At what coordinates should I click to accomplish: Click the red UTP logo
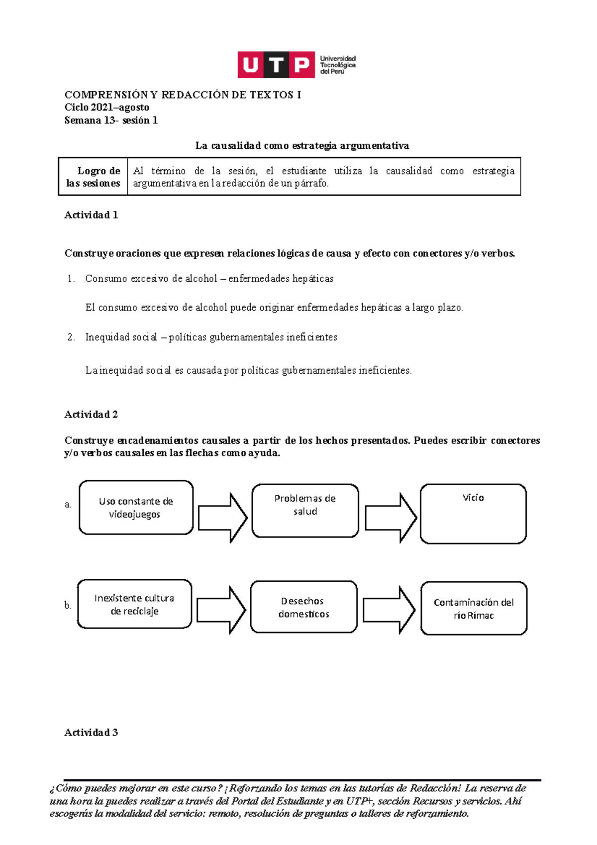tap(276, 65)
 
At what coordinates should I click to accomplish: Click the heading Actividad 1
tap(91, 215)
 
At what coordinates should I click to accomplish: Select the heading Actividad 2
tap(91, 415)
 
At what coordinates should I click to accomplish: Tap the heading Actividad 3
tap(91, 733)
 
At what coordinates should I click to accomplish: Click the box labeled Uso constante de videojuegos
tap(136, 508)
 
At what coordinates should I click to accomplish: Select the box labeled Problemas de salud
tap(305, 511)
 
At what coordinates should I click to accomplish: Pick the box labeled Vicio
tap(473, 514)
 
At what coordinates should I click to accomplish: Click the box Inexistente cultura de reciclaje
tap(134, 604)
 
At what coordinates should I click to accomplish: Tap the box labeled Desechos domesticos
tap(303, 607)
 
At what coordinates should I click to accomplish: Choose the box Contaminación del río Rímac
tap(474, 609)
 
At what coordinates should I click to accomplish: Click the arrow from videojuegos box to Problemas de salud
tap(222, 518)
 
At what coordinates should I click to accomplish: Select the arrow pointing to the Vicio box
tap(391, 518)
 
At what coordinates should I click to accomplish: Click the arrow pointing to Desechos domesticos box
tap(221, 610)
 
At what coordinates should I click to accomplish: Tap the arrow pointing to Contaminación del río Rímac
tap(389, 610)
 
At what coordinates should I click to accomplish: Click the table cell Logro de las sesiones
tap(94, 177)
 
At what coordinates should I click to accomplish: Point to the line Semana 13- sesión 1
tap(111, 120)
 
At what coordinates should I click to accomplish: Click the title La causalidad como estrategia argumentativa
tap(302, 146)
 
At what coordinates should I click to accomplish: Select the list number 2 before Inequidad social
tap(71, 337)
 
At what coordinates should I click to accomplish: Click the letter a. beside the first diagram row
tap(68, 505)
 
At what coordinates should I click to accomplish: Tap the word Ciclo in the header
tap(76, 107)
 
